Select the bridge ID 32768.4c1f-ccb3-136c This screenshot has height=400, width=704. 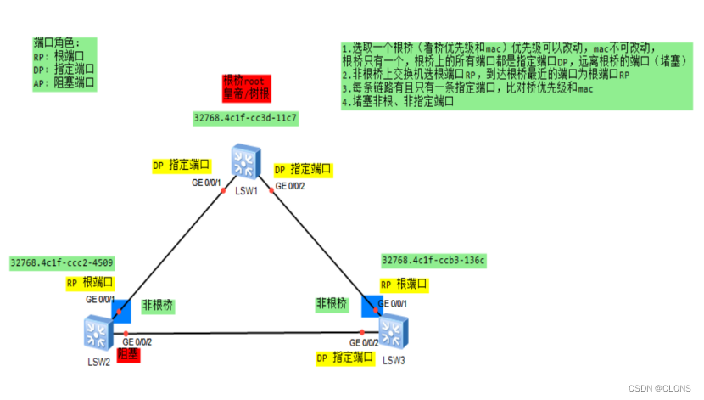433,260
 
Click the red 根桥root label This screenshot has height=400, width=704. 239,80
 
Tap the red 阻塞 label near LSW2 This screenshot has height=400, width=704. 127,354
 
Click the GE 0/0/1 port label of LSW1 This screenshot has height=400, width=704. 206,183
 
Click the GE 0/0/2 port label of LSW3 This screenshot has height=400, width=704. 362,342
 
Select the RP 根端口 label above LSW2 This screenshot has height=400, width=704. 90,282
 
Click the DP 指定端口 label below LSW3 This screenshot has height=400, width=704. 345,358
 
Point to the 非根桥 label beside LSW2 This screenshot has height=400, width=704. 159,304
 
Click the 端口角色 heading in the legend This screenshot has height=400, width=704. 57,43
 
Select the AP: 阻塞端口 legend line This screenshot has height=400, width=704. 63,82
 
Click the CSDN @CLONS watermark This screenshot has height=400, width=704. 662,386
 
